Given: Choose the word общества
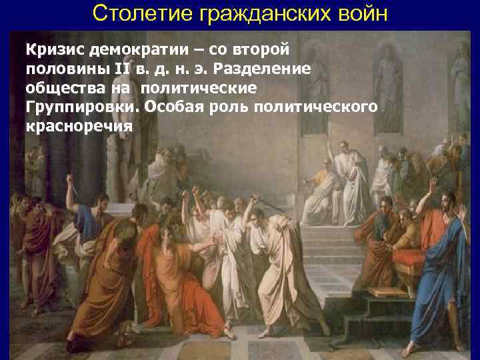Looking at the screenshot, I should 58,88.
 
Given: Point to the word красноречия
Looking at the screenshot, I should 79,127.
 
